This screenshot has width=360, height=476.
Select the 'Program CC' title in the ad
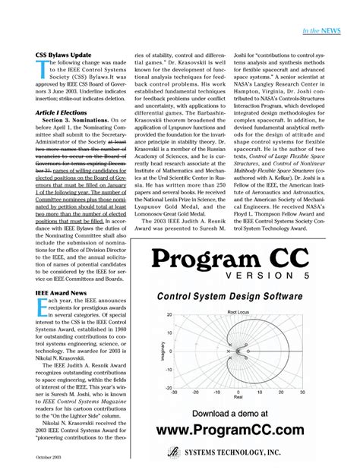[x=237, y=258]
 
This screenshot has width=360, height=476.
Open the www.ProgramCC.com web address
[x=237, y=431]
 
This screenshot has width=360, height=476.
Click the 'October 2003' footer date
[x=52, y=459]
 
